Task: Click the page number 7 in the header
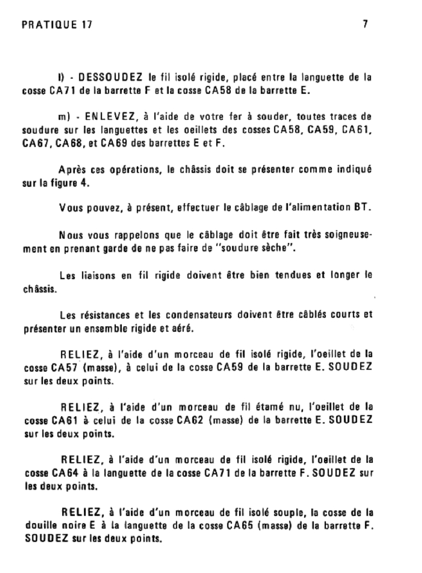(364, 25)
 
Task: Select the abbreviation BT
(361, 208)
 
